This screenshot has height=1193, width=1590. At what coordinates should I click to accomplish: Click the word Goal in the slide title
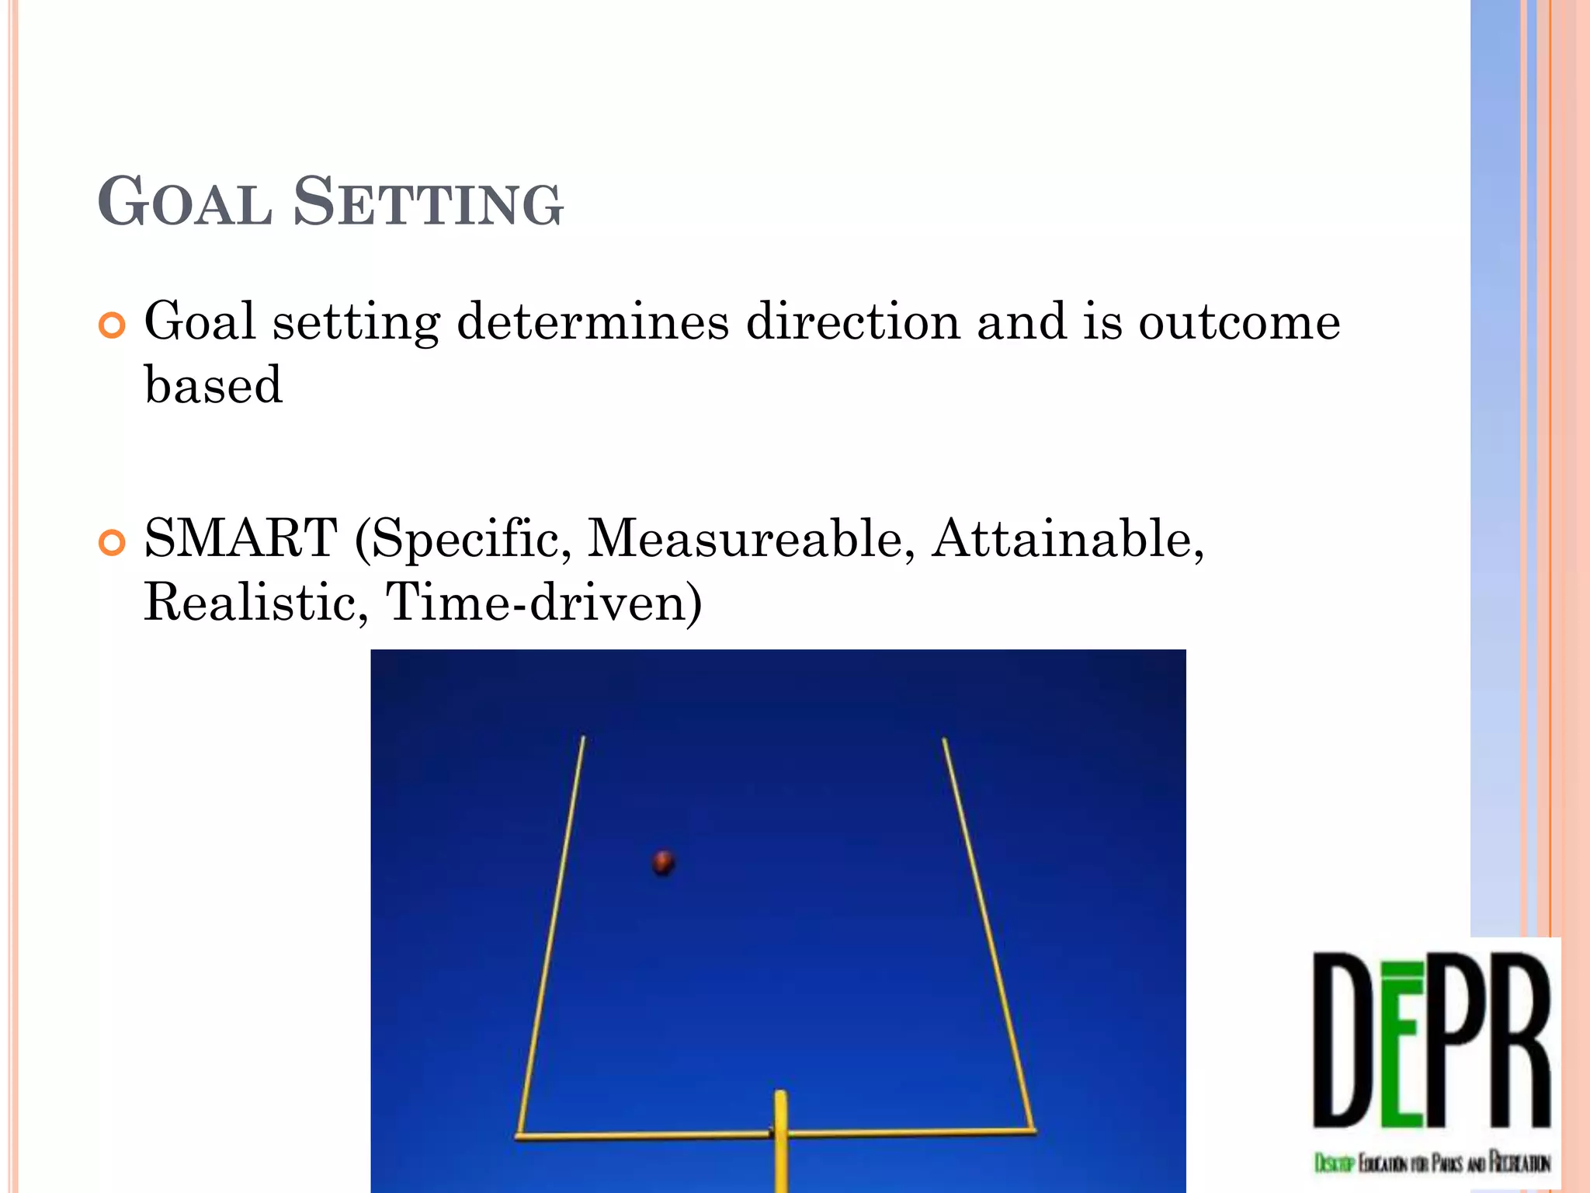[x=185, y=203]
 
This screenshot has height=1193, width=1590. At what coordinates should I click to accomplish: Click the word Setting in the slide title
[x=428, y=203]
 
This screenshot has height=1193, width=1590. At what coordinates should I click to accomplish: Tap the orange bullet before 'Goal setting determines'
[x=113, y=325]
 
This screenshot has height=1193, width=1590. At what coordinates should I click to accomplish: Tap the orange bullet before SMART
[x=113, y=543]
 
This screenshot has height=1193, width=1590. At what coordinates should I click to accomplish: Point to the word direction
[x=852, y=322]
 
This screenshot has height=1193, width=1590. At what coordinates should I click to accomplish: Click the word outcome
[x=1239, y=322]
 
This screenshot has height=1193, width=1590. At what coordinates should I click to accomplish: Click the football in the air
[x=663, y=862]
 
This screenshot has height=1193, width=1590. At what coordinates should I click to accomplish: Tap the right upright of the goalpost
[x=988, y=932]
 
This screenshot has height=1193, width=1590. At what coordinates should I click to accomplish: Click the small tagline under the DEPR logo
[x=1432, y=1163]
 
